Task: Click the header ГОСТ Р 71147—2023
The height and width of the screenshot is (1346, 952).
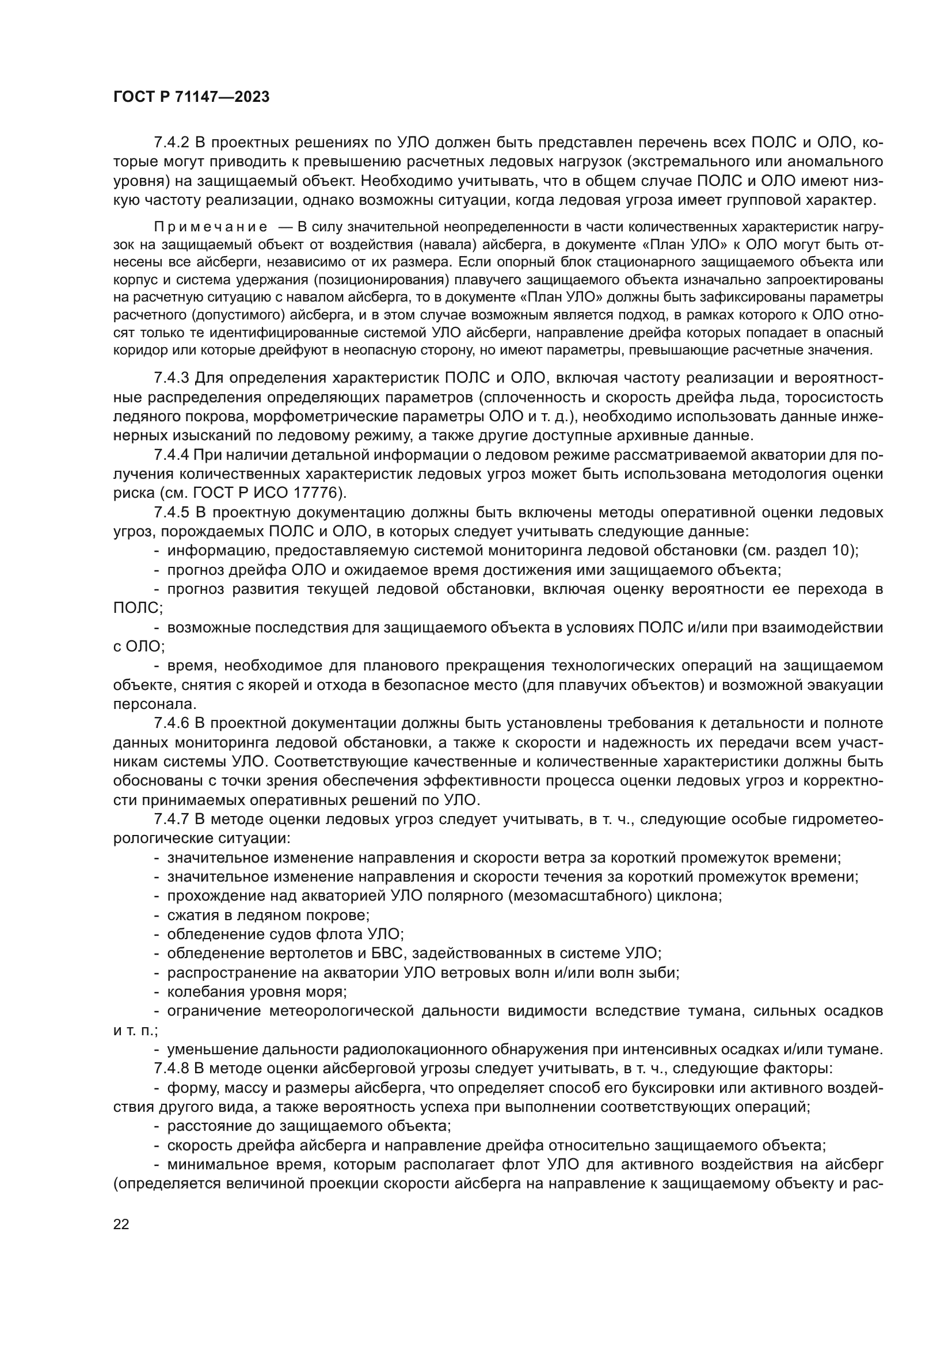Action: [x=191, y=97]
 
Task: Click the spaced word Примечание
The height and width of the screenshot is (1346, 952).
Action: [x=211, y=227]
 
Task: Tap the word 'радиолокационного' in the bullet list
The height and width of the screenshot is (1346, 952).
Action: [x=440, y=1050]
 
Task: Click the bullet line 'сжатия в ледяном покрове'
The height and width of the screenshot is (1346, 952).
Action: [x=268, y=915]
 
